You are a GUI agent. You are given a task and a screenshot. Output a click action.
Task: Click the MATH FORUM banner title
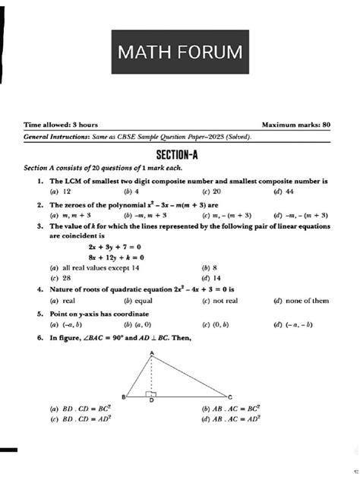pos(181,52)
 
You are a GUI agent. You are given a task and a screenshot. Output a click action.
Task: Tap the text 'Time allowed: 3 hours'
pos(61,124)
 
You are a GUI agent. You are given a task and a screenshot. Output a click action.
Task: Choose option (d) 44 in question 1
pos(285,192)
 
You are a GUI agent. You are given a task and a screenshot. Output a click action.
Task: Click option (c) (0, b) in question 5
pos(215,323)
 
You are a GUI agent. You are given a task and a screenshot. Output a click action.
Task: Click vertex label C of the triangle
pos(230,396)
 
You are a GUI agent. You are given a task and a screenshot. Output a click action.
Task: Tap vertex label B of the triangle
pos(123,397)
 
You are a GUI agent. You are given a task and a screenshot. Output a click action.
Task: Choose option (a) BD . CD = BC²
pos(80,409)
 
